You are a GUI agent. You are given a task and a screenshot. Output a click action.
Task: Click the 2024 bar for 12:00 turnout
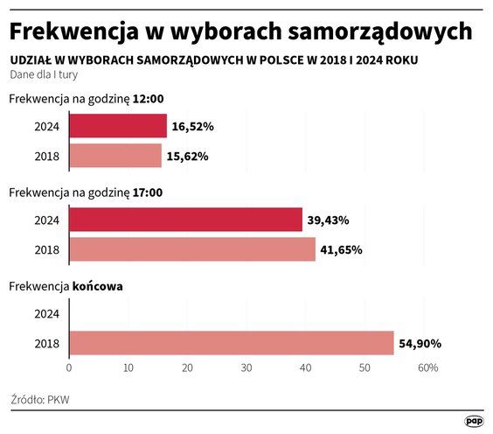coord(117,126)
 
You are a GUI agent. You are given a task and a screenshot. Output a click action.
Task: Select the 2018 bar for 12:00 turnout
coord(115,156)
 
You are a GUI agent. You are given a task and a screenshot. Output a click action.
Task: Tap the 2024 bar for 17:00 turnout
coord(184,220)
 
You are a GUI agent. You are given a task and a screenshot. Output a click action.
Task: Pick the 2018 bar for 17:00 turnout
coord(191,249)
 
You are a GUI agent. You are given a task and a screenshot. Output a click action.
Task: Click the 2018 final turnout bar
coord(231,343)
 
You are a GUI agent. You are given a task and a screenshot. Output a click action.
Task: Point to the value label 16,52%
coord(193,127)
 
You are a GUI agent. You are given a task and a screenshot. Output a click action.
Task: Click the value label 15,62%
coord(188,157)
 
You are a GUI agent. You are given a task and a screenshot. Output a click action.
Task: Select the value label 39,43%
coord(329,220)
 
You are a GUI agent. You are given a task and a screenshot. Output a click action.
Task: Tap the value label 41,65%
coord(342,250)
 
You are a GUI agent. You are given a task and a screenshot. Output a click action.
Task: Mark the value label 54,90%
coord(420,344)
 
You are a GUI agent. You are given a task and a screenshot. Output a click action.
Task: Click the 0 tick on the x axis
coord(68,368)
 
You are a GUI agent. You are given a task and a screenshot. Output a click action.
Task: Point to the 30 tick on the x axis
coord(246,368)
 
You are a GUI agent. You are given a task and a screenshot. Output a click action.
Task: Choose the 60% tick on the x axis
coord(427,368)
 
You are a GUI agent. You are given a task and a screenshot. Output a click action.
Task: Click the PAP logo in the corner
coord(473,420)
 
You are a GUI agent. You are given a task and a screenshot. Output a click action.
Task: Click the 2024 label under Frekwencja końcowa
coord(46,313)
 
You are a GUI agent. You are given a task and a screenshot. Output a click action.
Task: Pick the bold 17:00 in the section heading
coord(146,192)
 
